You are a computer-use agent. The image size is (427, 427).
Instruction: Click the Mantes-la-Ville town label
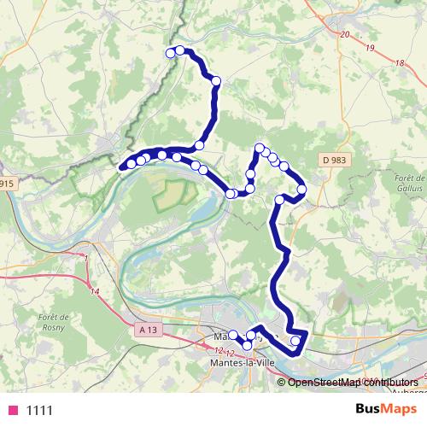point(242,363)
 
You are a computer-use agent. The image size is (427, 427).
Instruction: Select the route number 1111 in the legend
point(39,410)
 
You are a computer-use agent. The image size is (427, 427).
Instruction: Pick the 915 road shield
point(7,183)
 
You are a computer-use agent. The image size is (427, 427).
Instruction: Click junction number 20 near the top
point(344,34)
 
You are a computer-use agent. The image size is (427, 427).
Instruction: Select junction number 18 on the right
point(400,64)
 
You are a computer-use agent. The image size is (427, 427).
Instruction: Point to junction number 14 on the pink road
point(95,292)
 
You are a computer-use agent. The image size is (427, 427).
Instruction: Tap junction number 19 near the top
point(370,50)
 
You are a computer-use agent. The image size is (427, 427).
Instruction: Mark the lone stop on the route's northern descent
point(216,81)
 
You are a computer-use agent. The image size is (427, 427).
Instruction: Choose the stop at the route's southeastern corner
point(296,341)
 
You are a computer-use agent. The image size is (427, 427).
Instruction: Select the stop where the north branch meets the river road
point(199,145)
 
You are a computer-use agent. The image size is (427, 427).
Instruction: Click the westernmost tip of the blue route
point(120,167)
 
